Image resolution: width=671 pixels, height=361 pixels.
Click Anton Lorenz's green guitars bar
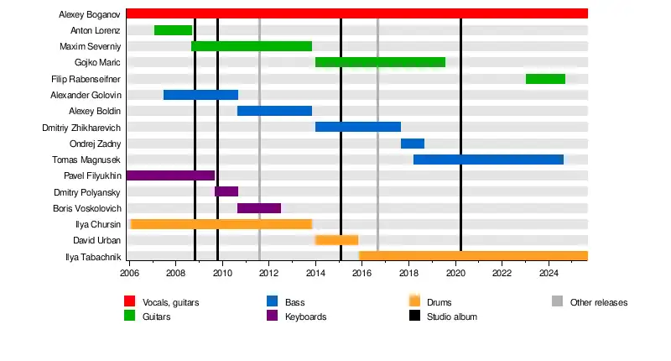coord(173,30)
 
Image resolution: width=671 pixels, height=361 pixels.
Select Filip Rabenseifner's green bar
coord(545,79)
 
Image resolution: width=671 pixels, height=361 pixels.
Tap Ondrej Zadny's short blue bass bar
coord(413,144)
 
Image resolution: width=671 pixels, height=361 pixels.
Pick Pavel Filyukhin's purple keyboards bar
coord(170,175)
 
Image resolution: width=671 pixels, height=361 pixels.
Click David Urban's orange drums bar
coord(336,240)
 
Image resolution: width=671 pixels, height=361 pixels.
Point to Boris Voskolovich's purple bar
coord(259,208)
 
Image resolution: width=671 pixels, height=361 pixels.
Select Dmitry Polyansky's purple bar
coord(226,191)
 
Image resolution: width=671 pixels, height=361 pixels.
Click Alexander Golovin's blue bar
coord(200,95)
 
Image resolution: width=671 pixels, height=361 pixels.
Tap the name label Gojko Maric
coord(97,63)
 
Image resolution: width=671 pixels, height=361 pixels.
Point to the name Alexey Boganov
coord(90,14)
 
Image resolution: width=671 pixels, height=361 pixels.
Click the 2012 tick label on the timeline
coord(268,274)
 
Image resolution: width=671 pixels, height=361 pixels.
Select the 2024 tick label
coord(549,274)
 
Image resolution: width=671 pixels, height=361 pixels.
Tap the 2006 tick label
coord(129,274)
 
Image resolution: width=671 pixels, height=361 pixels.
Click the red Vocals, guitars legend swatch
coord(130,302)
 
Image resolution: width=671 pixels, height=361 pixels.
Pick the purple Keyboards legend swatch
coord(272,317)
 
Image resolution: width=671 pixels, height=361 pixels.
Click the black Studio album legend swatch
coord(414,317)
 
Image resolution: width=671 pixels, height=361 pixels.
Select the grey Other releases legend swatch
coord(557,302)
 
